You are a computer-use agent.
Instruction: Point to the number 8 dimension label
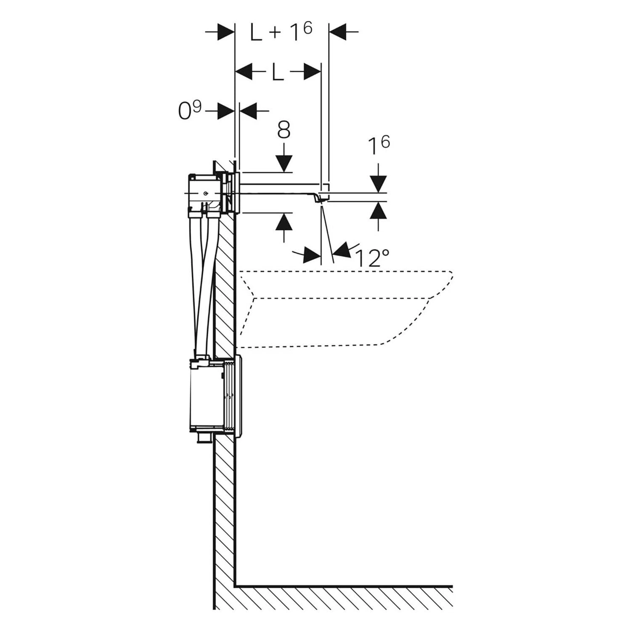284,130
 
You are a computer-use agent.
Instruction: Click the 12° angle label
372,258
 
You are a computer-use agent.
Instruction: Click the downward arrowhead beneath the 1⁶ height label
379,184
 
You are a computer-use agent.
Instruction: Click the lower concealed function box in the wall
206,395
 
